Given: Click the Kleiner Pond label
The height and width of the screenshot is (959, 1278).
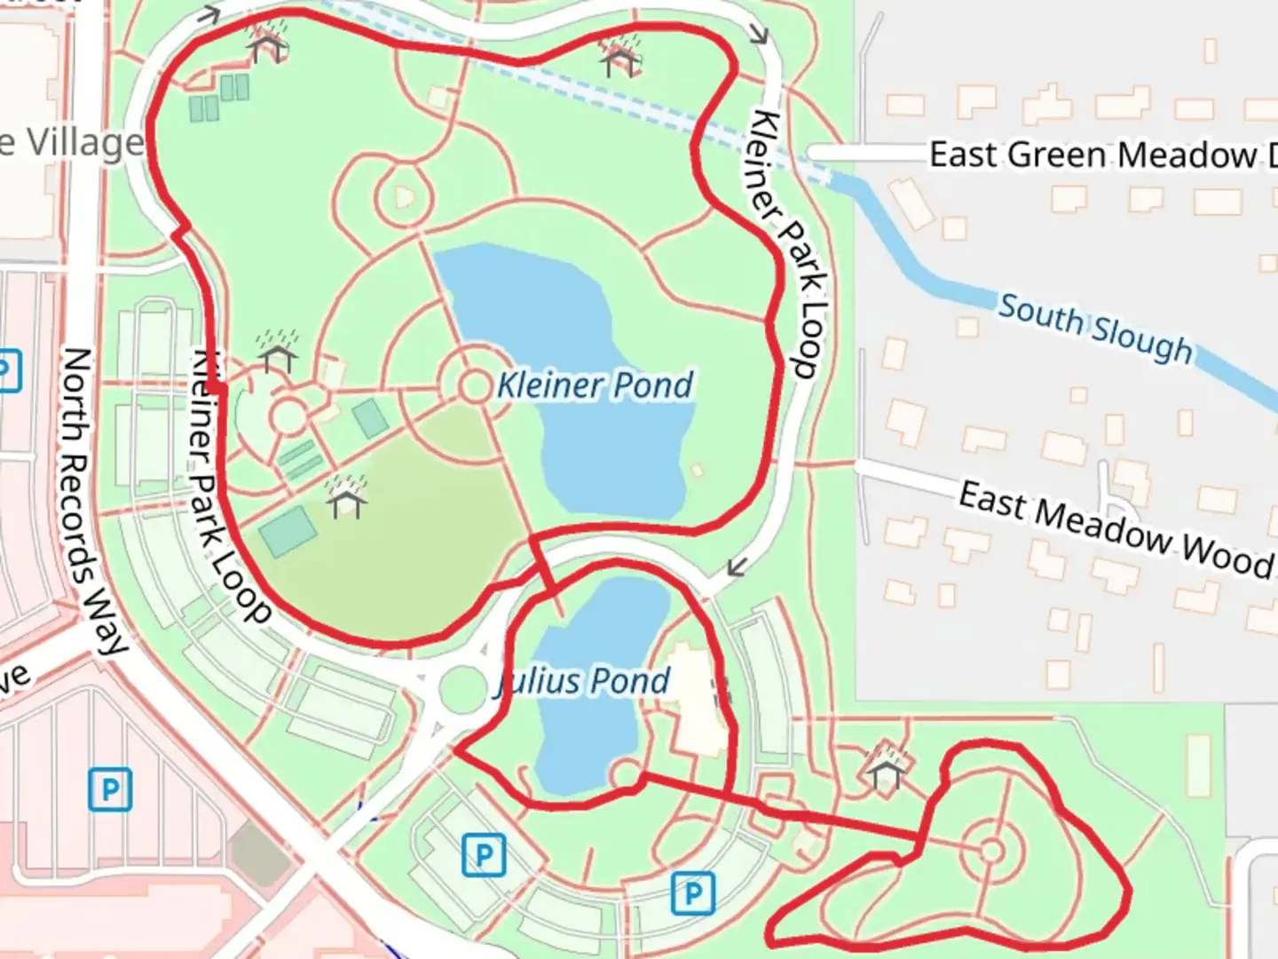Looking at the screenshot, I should click(595, 385).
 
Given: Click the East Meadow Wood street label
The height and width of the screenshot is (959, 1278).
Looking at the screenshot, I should click(1114, 528).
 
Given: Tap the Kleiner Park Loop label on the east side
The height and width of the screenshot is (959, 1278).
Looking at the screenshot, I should click(789, 244).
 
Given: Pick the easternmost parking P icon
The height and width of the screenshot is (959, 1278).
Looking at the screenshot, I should click(693, 893).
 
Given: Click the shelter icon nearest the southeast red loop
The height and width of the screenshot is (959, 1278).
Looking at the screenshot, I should click(886, 769).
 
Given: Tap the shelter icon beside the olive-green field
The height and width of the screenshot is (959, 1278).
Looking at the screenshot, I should click(346, 498).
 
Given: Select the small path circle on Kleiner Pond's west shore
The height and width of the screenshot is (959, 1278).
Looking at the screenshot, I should click(475, 386).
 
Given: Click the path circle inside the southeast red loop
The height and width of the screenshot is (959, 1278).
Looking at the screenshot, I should click(991, 852).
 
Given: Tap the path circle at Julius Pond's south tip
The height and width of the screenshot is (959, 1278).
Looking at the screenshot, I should click(626, 774).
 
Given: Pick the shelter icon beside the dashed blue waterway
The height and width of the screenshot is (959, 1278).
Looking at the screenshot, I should click(620, 57).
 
